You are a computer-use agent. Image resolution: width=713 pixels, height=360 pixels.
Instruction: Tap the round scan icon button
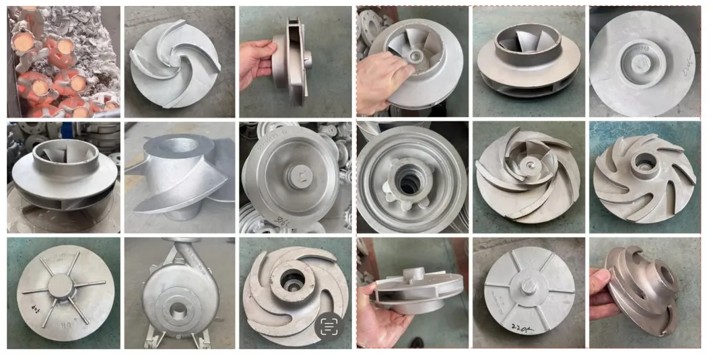pyautogui.click(x=329, y=327)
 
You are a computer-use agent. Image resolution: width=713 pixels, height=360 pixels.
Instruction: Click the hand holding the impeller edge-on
pyautogui.click(x=257, y=61)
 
